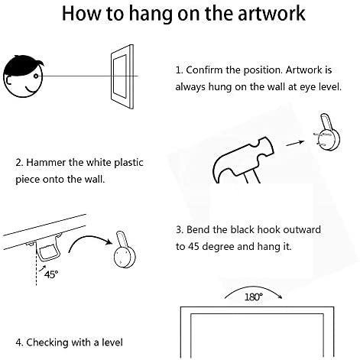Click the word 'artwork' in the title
tap(271, 14)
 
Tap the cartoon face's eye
tap(36, 76)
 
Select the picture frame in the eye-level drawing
tap(122, 76)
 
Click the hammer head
tap(242, 159)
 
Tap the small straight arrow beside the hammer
tap(295, 143)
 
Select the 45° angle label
tap(51, 274)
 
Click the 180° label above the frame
tap(253, 297)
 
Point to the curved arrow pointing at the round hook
tap(89, 239)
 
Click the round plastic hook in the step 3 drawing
tap(125, 250)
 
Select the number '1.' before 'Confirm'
tap(179, 70)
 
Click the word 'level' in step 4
tap(112, 342)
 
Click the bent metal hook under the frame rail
tap(47, 248)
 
